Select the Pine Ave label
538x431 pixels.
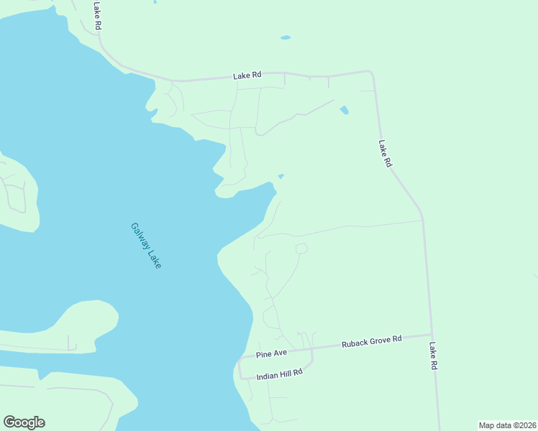pos(272,353)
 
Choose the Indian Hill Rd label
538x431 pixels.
pos(279,374)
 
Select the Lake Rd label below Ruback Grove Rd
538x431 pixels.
pos(434,356)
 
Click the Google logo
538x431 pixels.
pos(24,422)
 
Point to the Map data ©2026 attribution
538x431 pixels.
pos(507,425)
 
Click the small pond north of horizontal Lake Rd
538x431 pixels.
pos(286,37)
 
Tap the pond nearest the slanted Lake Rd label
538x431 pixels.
pos(344,111)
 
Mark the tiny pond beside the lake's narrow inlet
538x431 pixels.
pos(281,177)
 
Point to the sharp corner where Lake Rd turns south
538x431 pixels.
pos(371,72)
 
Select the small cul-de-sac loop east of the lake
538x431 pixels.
pos(301,249)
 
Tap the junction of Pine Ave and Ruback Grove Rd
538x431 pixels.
pos(312,348)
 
